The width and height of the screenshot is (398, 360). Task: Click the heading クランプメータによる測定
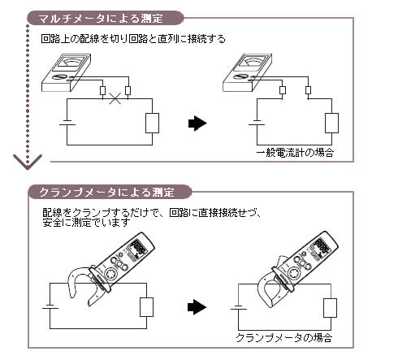pos(106,193)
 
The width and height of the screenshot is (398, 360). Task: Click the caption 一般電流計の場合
pos(295,152)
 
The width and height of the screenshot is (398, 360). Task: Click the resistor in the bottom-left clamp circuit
pos(147,307)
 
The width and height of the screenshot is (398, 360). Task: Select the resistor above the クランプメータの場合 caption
pos(330,307)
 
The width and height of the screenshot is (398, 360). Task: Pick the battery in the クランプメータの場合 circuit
pos(236,309)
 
